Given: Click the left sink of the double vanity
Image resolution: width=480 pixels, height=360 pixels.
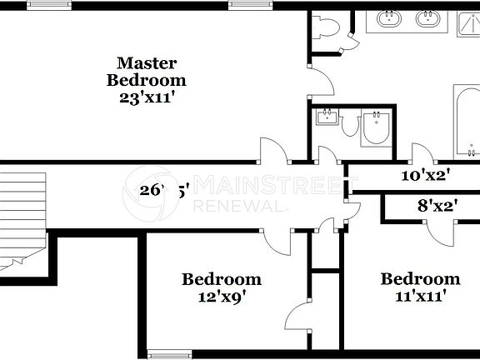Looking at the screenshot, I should [389, 18].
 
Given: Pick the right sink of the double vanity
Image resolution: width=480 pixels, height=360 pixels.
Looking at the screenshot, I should [428, 18].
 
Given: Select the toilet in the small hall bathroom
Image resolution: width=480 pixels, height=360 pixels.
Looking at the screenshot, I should [374, 129].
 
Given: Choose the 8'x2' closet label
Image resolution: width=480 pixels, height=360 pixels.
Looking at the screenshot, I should [436, 205].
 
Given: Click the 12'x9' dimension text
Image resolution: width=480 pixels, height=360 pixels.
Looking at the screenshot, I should [221, 294].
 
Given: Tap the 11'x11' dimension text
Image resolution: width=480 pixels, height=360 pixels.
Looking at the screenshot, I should [420, 294].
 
